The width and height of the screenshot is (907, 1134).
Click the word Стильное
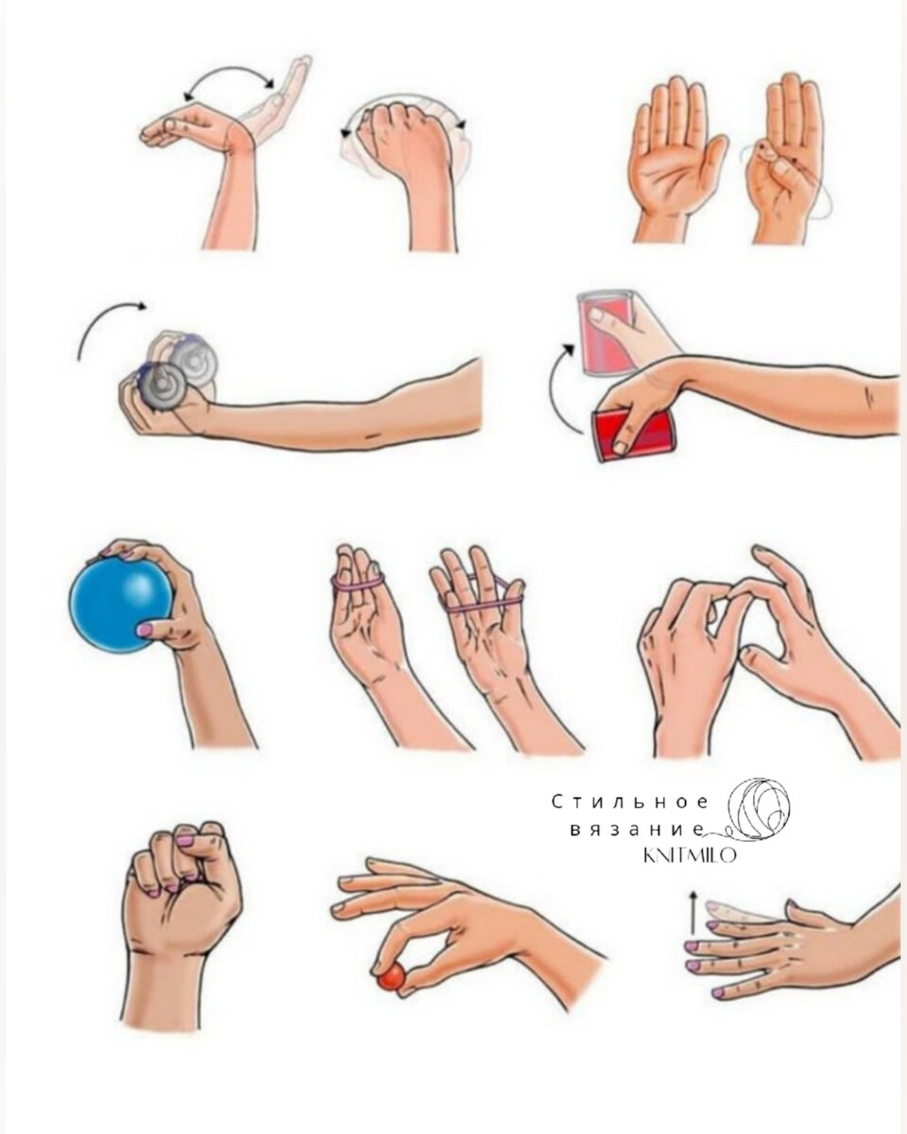(631, 802)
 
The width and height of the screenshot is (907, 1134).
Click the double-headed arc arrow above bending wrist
(228, 73)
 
